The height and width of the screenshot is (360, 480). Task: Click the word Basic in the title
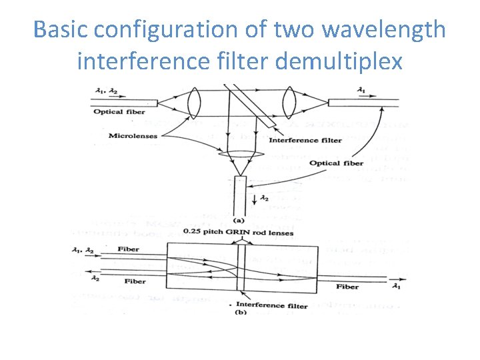[x=61, y=29]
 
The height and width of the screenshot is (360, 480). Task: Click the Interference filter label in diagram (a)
[x=304, y=140]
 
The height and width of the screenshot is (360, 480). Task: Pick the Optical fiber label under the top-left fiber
[x=117, y=112]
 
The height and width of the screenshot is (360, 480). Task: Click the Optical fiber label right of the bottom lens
[x=336, y=163]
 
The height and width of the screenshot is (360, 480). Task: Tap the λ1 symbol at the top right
[x=362, y=89]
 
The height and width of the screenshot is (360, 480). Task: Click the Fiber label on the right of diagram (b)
[x=347, y=287]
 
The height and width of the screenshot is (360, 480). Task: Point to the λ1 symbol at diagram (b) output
[x=397, y=287]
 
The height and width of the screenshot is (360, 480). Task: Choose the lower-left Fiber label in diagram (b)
[x=135, y=281]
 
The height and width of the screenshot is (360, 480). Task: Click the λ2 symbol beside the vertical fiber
[x=264, y=198]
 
